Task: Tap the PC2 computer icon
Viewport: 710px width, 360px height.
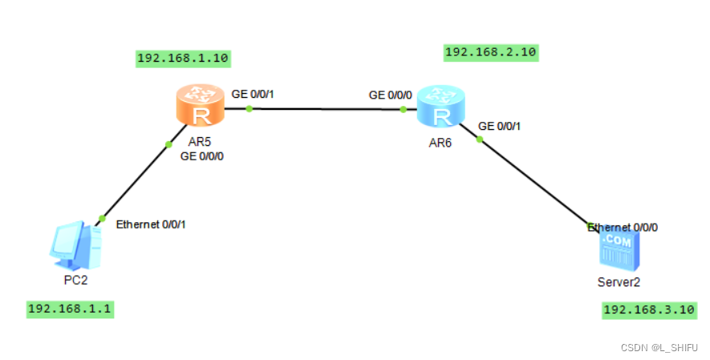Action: click(75, 248)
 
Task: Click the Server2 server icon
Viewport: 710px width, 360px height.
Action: click(619, 251)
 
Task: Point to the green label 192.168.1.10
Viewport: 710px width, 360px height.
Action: click(184, 59)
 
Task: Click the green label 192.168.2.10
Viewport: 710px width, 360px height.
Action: click(490, 53)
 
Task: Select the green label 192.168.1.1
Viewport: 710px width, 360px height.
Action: click(70, 309)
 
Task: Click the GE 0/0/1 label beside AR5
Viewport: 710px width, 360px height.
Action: click(252, 94)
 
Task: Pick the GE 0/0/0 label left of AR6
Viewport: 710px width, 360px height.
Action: click(390, 95)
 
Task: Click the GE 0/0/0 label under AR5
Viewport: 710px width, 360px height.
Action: click(201, 156)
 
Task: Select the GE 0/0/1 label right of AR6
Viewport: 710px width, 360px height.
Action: click(499, 126)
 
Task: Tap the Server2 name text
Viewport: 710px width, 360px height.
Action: click(619, 282)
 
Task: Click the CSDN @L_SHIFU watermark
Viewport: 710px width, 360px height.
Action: click(659, 346)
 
